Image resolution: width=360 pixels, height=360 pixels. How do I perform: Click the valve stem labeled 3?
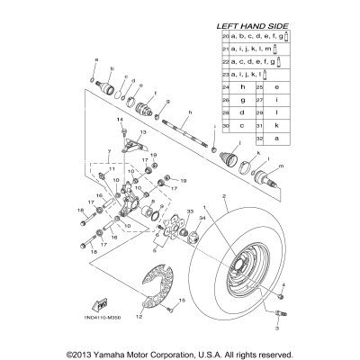point(278,315)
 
